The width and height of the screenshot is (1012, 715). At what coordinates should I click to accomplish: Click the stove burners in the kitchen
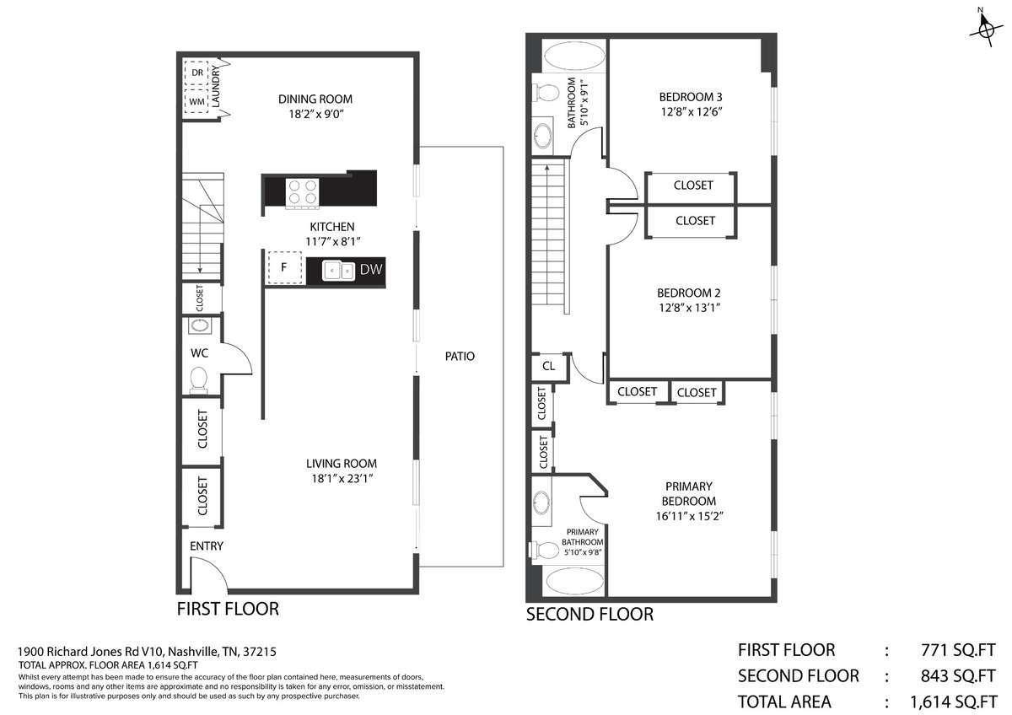pyautogui.click(x=302, y=192)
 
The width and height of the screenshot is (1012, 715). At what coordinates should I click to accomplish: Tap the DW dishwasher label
pyautogui.click(x=371, y=270)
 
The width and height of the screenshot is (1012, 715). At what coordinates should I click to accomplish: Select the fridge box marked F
pyautogui.click(x=285, y=267)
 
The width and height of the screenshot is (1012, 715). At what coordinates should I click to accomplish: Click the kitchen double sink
pyautogui.click(x=338, y=270)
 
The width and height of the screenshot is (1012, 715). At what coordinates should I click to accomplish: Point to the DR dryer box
pyautogui.click(x=196, y=73)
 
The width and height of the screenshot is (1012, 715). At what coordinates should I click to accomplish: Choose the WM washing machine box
pyautogui.click(x=196, y=101)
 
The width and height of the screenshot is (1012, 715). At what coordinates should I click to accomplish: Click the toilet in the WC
pyautogui.click(x=199, y=379)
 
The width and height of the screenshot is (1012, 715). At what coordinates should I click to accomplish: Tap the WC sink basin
pyautogui.click(x=199, y=325)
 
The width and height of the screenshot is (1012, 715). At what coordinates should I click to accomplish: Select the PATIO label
pyautogui.click(x=460, y=357)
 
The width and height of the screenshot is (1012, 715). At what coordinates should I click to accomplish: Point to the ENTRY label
pyautogui.click(x=206, y=546)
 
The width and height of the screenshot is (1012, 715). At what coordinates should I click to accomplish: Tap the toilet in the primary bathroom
pyautogui.click(x=543, y=550)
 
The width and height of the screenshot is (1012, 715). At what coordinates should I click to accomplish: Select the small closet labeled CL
pyautogui.click(x=548, y=366)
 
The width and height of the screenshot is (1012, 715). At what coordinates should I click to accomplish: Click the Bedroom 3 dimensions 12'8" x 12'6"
pyautogui.click(x=692, y=111)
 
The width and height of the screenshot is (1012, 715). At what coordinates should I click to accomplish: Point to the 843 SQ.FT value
pyautogui.click(x=958, y=675)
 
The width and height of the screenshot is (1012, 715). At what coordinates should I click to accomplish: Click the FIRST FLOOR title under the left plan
pyautogui.click(x=228, y=609)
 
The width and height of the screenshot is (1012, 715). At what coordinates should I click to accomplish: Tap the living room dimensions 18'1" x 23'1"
pyautogui.click(x=342, y=478)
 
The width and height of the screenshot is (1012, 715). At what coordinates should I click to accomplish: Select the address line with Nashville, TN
pyautogui.click(x=147, y=651)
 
